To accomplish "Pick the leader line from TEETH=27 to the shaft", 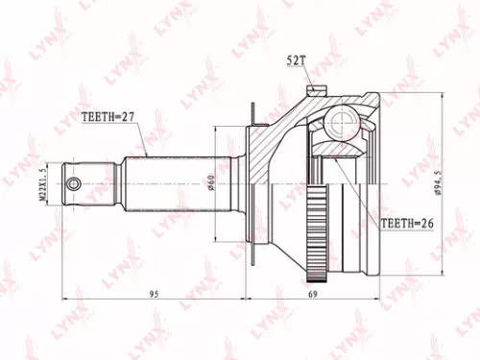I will click(x=142, y=139).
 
